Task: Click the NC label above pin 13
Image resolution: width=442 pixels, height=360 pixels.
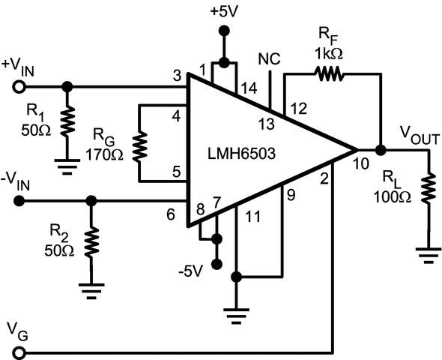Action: pos(269,58)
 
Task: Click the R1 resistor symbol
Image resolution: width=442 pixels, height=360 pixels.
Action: pos(67,118)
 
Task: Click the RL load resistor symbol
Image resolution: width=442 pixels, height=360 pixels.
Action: pos(429,189)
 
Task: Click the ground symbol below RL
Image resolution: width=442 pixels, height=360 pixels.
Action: pos(429,256)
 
